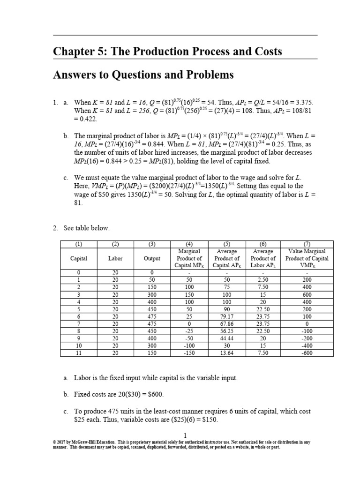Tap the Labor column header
pos(115,258)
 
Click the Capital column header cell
pos(79,258)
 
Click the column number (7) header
pos(307,244)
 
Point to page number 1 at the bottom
pos(185,435)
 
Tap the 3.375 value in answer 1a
pos(301,102)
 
